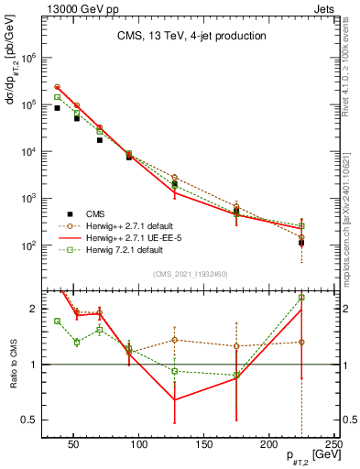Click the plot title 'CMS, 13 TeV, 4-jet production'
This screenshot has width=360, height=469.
191,36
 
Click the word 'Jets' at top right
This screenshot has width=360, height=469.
325,7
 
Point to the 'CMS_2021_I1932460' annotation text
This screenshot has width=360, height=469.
191,274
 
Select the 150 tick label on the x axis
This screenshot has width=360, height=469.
203,444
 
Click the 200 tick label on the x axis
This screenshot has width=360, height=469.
268,444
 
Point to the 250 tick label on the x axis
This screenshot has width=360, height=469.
333,444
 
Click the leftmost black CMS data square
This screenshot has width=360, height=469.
58,108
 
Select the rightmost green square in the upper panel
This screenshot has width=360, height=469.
301,225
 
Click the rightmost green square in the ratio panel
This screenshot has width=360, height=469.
301,298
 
